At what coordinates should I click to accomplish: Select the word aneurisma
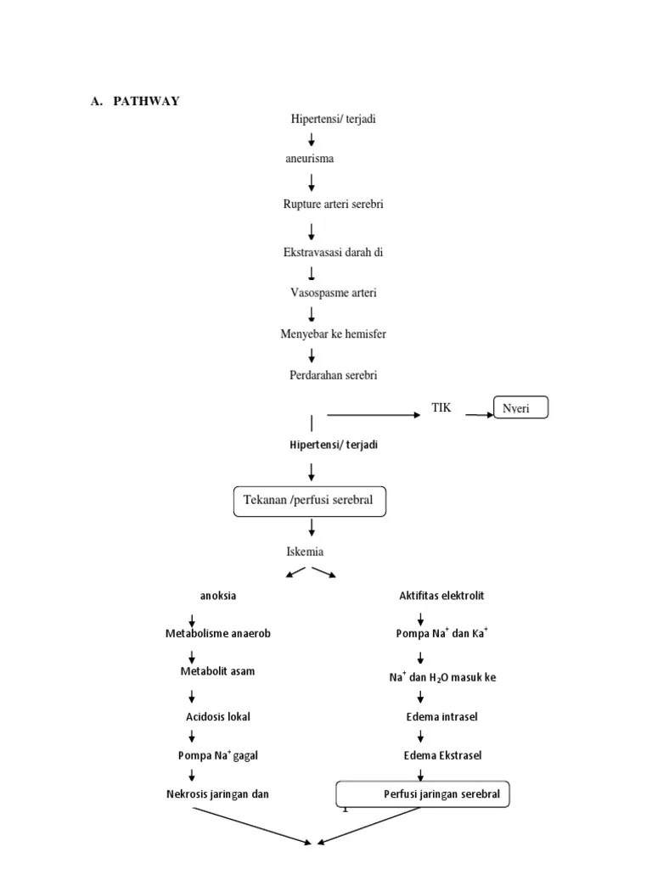click(309, 159)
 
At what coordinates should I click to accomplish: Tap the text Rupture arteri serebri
click(327, 205)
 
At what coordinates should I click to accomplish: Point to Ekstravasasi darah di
click(327, 252)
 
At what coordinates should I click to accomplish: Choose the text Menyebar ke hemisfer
click(333, 334)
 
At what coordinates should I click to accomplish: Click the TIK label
click(441, 408)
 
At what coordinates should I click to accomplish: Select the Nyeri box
click(521, 408)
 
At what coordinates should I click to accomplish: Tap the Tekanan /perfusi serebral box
click(309, 501)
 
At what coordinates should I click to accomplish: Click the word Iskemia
click(305, 552)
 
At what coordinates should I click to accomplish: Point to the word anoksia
click(218, 596)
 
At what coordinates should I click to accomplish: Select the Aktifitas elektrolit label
click(441, 596)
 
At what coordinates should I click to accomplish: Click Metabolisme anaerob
click(218, 634)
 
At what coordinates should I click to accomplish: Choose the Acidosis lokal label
click(218, 717)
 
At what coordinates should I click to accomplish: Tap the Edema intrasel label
click(441, 717)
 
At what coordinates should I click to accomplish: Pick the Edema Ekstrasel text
click(441, 755)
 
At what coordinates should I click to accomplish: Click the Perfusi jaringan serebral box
click(424, 795)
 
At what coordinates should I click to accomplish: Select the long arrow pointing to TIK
click(374, 415)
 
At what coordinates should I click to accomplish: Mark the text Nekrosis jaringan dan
click(218, 794)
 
